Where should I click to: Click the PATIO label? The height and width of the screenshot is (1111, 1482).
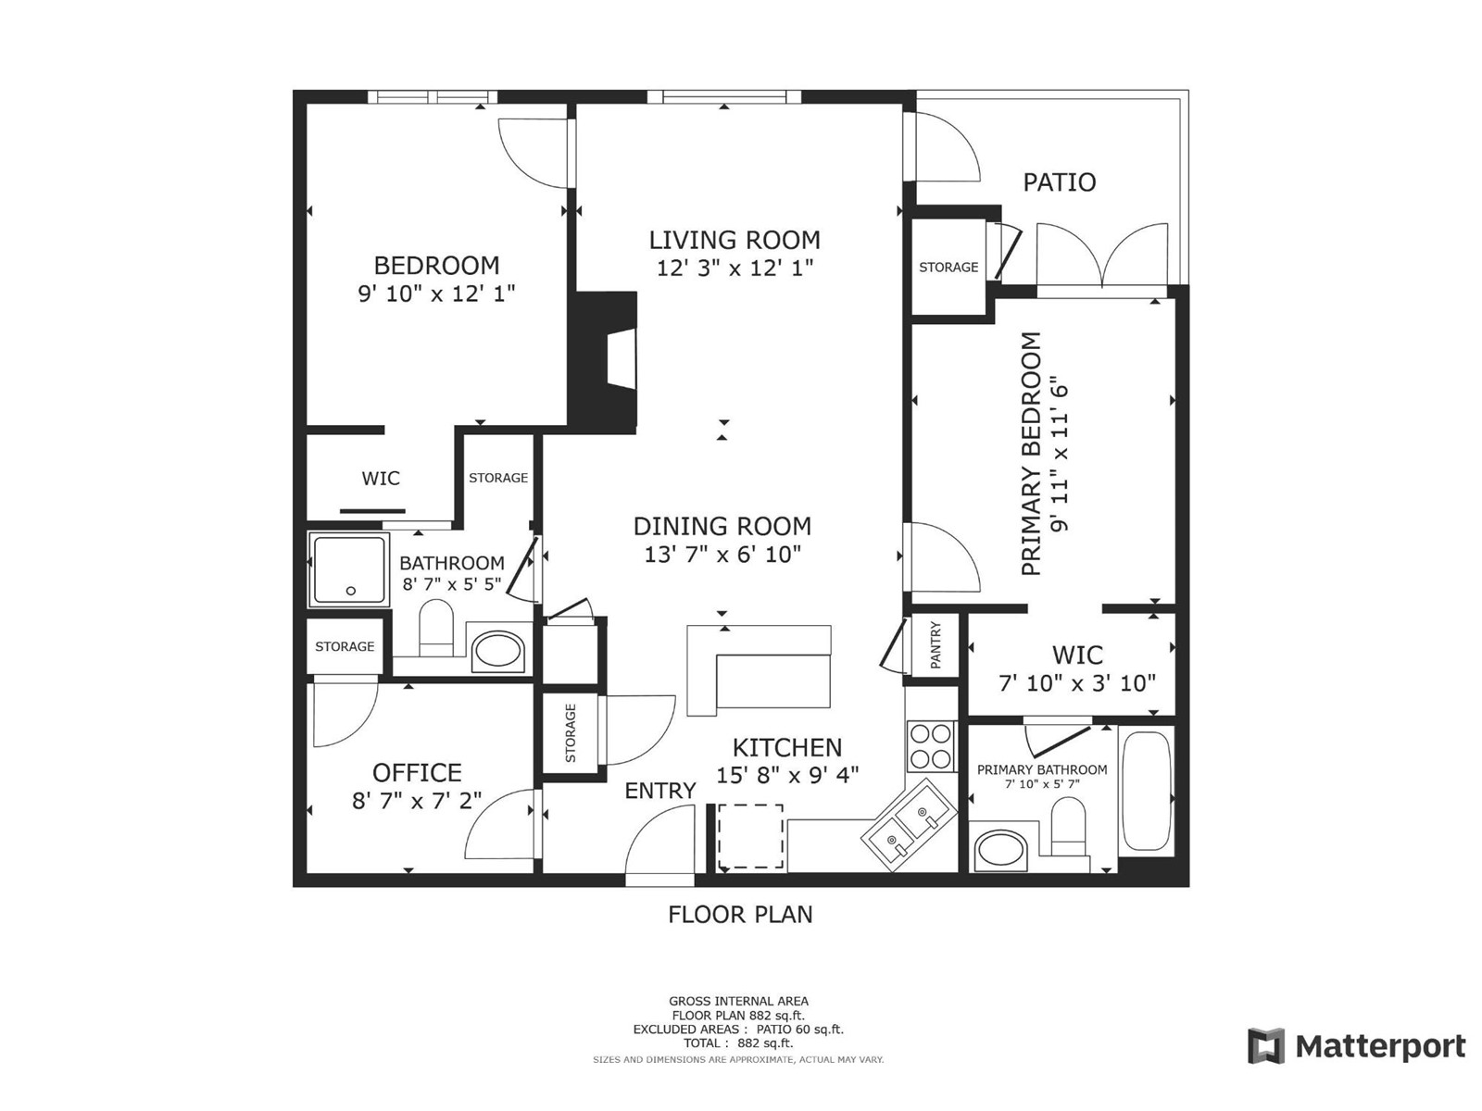pyautogui.click(x=1059, y=182)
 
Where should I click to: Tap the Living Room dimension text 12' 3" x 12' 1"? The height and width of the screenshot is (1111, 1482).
pyautogui.click(x=735, y=268)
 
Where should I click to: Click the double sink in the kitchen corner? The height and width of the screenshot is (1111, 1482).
pyautogui.click(x=909, y=824)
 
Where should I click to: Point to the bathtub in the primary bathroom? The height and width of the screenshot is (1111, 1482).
pyautogui.click(x=1146, y=792)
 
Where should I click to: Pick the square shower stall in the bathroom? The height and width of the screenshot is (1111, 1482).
pyautogui.click(x=349, y=569)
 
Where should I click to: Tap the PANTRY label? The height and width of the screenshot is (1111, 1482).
pyautogui.click(x=936, y=645)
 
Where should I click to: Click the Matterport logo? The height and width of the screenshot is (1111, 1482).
pyautogui.click(x=1356, y=1046)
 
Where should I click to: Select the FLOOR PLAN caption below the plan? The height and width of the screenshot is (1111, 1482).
pyautogui.click(x=740, y=915)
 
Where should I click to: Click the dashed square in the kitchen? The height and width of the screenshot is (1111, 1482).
pyautogui.click(x=750, y=836)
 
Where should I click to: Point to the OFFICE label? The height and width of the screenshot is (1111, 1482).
pyautogui.click(x=417, y=772)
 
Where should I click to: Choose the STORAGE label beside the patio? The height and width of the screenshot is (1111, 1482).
pyautogui.click(x=948, y=268)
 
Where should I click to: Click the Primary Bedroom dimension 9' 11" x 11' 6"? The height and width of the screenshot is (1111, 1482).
pyautogui.click(x=1060, y=458)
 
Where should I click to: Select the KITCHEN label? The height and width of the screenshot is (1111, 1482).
pyautogui.click(x=787, y=747)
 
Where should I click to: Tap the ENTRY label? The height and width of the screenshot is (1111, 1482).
pyautogui.click(x=659, y=791)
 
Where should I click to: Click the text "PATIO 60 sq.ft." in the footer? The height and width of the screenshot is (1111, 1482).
pyautogui.click(x=799, y=1030)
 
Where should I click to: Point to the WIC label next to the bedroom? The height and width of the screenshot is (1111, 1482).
pyautogui.click(x=381, y=479)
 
